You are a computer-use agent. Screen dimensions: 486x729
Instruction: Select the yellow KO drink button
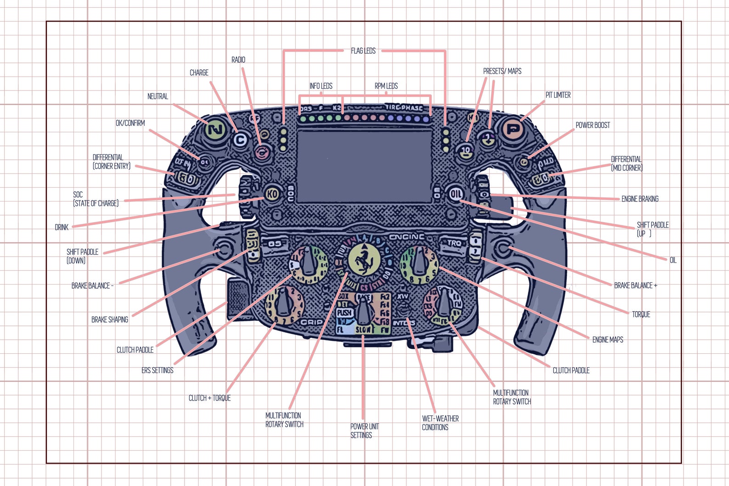click(272, 194)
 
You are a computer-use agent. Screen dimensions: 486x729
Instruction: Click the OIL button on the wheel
click(456, 194)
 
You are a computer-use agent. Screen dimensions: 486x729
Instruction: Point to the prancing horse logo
click(364, 260)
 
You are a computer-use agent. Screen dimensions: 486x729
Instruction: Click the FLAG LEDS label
click(363, 51)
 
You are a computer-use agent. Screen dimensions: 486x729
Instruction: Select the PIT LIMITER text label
click(558, 95)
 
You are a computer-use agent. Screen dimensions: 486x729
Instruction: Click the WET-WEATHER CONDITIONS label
click(440, 423)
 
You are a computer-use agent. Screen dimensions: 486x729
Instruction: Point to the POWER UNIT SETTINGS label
click(364, 430)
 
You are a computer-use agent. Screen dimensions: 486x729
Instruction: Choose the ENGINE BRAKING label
click(639, 199)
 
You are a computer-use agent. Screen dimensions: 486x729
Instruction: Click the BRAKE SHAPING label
click(109, 319)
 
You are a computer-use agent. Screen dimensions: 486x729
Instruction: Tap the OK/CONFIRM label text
click(130, 123)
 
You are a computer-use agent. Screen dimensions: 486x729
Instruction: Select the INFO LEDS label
click(320, 86)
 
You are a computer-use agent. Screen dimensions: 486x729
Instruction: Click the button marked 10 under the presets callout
click(466, 150)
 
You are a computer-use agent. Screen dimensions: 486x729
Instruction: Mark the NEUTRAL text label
click(157, 96)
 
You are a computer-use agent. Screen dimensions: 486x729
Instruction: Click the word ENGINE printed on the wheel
click(407, 237)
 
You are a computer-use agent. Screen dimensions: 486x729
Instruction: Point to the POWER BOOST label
click(593, 125)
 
